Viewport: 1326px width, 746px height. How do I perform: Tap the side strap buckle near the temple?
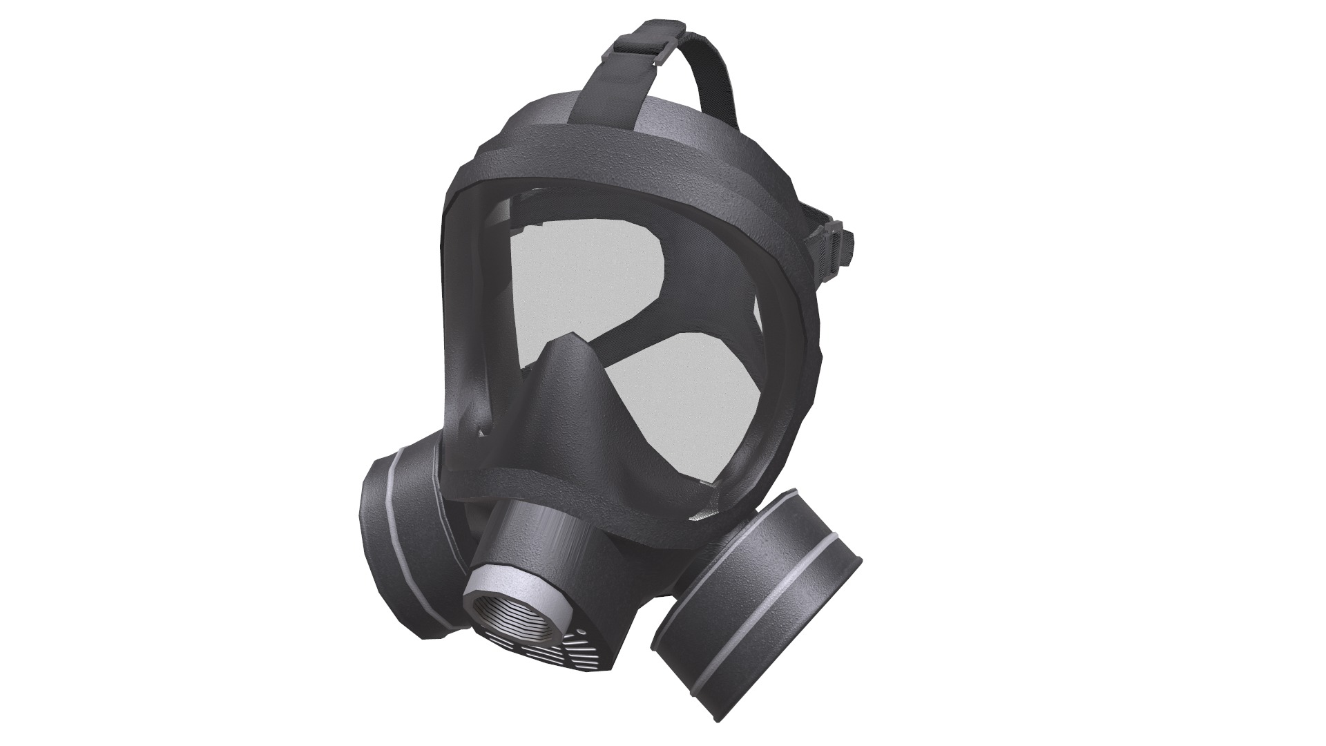(x=838, y=245)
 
